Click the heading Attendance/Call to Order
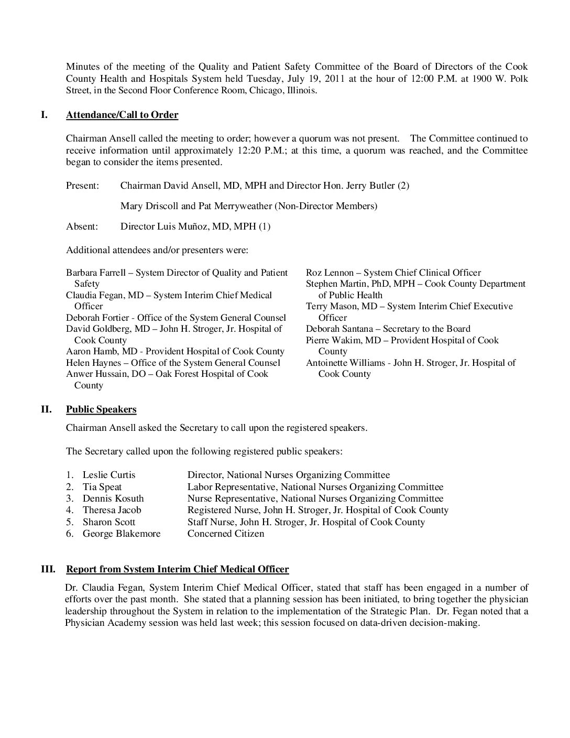[122, 115]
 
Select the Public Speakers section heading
[101, 409]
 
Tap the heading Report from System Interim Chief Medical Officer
[177, 569]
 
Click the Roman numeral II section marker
[46, 409]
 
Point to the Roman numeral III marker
[48, 569]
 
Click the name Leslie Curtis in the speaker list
[109, 475]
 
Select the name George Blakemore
[122, 534]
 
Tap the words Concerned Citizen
[226, 534]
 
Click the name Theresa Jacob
[112, 510]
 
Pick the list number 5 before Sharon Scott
[69, 522]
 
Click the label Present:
[82, 186]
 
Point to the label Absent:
[82, 226]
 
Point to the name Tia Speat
[102, 487]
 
